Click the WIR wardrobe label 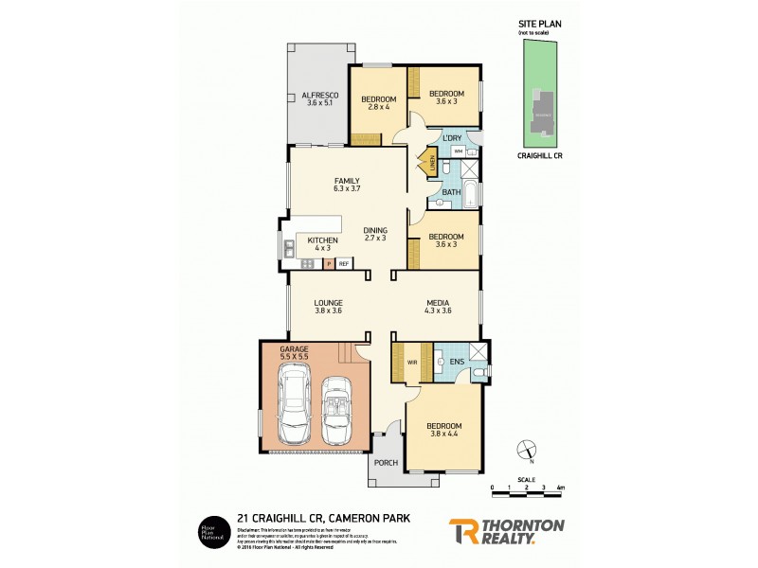pyautogui.click(x=412, y=362)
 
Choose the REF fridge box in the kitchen pyautogui.click(x=344, y=264)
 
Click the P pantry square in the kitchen pyautogui.click(x=329, y=264)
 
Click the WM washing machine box pyautogui.click(x=458, y=151)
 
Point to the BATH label pyautogui.click(x=450, y=193)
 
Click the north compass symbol pyautogui.click(x=528, y=451)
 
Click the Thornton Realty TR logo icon pyautogui.click(x=464, y=531)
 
